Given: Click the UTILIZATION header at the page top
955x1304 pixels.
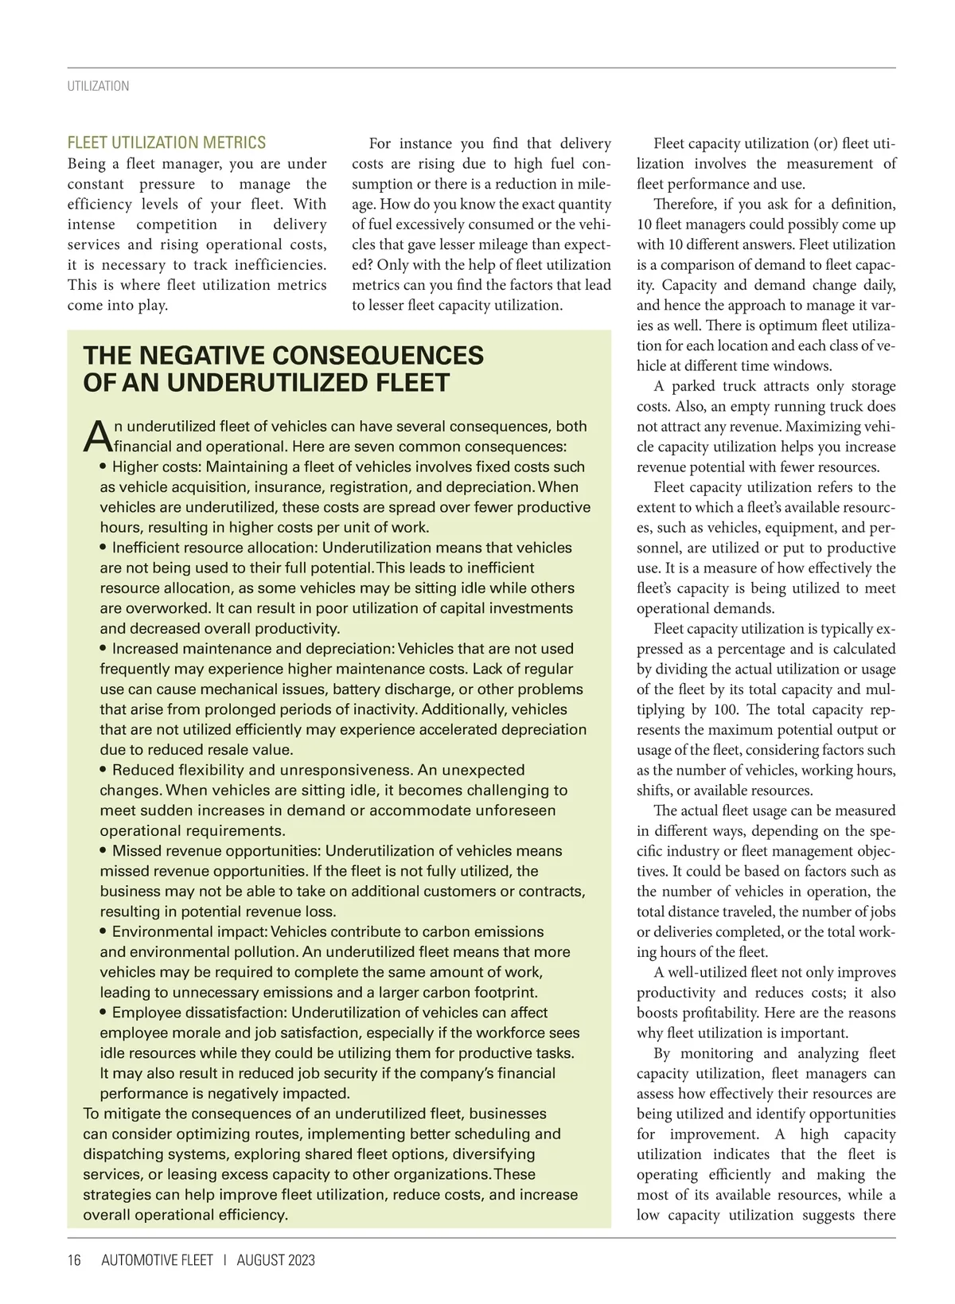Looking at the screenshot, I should tap(98, 86).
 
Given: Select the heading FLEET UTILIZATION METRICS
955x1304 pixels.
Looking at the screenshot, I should tap(166, 143).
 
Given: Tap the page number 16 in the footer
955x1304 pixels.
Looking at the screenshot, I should tap(74, 1260).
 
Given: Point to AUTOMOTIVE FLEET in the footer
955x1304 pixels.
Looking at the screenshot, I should tap(158, 1260).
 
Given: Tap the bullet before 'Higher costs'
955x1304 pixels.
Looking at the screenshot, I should tap(105, 467).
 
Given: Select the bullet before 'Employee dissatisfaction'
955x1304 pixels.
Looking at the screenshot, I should tap(105, 1013).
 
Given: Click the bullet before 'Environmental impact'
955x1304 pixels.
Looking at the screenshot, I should tap(105, 931).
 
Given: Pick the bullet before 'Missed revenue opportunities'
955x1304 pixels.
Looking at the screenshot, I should tap(105, 851).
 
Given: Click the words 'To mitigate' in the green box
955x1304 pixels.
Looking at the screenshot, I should tap(123, 1114).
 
